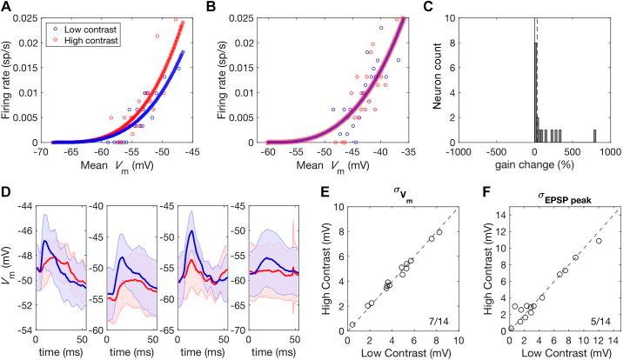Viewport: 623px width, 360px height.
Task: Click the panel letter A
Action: tap(7, 8)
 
